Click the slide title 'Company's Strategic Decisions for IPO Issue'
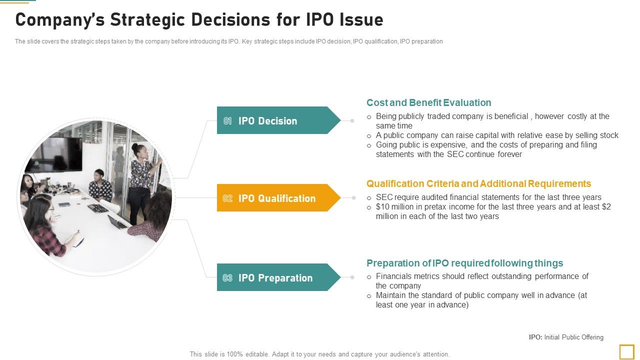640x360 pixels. (199, 20)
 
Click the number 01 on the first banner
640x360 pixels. (227, 121)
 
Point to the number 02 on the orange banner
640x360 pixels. (227, 198)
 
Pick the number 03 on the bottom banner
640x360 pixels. (227, 278)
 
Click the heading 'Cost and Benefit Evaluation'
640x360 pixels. (428, 102)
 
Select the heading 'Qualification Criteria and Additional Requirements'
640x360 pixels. (478, 183)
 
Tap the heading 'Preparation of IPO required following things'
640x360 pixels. (464, 263)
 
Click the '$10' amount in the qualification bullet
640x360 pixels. (382, 207)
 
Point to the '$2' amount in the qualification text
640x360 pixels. (606, 207)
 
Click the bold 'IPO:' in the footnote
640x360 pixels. (535, 337)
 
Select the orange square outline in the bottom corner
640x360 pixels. (626, 351)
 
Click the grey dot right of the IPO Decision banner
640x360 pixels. (352, 120)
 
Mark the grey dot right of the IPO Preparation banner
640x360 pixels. (352, 277)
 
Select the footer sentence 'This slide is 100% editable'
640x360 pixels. (319, 354)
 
